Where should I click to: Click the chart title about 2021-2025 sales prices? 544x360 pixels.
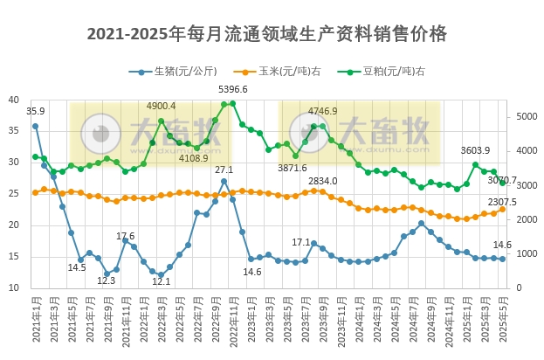point(267,34)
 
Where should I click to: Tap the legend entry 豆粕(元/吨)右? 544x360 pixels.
point(389,72)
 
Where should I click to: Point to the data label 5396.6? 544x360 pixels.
point(232,89)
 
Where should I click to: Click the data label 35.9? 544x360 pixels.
point(36,112)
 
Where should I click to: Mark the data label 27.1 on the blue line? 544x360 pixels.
point(224,170)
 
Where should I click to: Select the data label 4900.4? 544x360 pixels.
point(162,106)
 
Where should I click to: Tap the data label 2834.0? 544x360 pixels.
point(322,181)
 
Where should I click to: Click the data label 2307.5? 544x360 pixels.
point(502,202)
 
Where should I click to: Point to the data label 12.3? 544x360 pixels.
point(106,280)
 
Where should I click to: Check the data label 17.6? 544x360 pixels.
point(126,236)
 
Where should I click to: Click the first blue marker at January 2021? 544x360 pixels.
point(36,126)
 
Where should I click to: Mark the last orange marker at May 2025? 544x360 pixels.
point(502,209)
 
